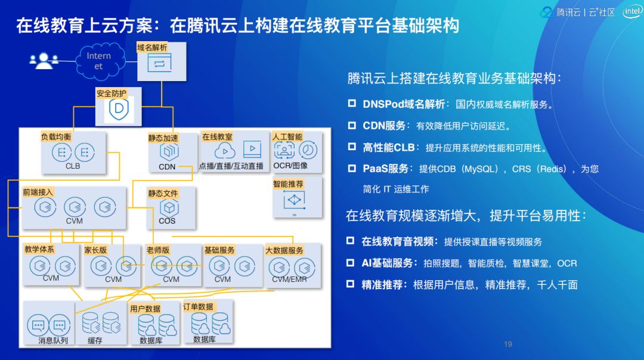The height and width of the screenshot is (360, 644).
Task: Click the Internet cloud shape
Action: tap(98, 60)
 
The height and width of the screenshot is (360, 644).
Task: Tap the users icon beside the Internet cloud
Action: tap(44, 60)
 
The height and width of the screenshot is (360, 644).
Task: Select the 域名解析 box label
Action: tap(152, 47)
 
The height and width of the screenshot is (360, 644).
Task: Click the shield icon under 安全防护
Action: tap(118, 110)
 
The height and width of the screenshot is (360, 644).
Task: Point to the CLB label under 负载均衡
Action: tap(73, 166)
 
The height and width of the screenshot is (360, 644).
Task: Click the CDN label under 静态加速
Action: tap(167, 167)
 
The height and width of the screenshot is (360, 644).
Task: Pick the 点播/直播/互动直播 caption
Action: tap(231, 166)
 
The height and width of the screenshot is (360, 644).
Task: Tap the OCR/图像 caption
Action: tap(290, 166)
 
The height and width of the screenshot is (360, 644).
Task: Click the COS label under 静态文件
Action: tap(167, 221)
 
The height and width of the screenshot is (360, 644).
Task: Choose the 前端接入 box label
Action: tap(38, 193)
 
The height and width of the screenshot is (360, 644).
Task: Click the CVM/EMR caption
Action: tap(289, 279)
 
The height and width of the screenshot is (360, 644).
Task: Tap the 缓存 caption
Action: tap(95, 341)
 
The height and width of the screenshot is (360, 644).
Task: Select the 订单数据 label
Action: tap(198, 306)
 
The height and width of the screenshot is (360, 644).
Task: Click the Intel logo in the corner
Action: tap(631, 11)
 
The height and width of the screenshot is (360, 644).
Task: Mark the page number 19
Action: tap(508, 344)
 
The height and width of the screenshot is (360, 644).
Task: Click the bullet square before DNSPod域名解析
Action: tap(352, 104)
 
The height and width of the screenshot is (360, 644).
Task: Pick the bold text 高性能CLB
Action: tap(388, 147)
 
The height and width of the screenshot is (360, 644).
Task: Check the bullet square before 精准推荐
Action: tap(351, 284)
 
